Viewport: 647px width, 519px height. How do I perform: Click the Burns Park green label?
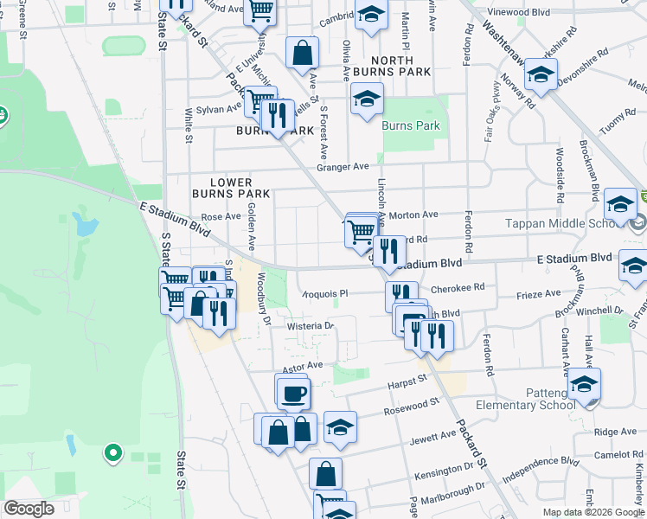pos(411,125)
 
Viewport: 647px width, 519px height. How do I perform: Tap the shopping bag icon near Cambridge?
pos(303,54)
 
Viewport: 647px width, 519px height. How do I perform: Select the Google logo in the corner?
pos(29,509)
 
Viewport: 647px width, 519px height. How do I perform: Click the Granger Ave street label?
pos(343,167)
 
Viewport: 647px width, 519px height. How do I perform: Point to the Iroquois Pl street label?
pos(323,294)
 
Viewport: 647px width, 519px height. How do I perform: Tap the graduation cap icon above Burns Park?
pos(367,100)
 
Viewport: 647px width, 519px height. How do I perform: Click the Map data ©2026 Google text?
pos(593,512)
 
